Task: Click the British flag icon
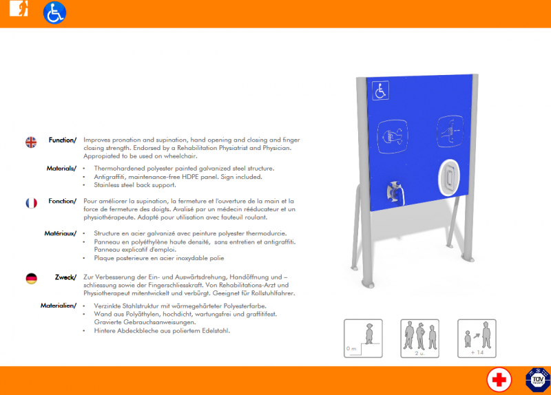(31, 142)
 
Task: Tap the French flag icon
(31, 203)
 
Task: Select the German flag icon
(31, 279)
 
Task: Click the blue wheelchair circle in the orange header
(54, 13)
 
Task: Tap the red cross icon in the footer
(499, 380)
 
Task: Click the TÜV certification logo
(538, 380)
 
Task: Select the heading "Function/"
(63, 140)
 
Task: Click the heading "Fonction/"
(62, 201)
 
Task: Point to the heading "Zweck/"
(65, 277)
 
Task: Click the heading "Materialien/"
(59, 306)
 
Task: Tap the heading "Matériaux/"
(60, 233)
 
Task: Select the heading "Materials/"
(61, 169)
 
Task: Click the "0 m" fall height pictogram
(363, 339)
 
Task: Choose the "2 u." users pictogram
(420, 339)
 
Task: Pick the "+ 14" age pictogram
(477, 339)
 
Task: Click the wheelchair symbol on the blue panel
(381, 91)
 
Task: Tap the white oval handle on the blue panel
(450, 178)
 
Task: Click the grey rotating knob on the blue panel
(395, 193)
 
